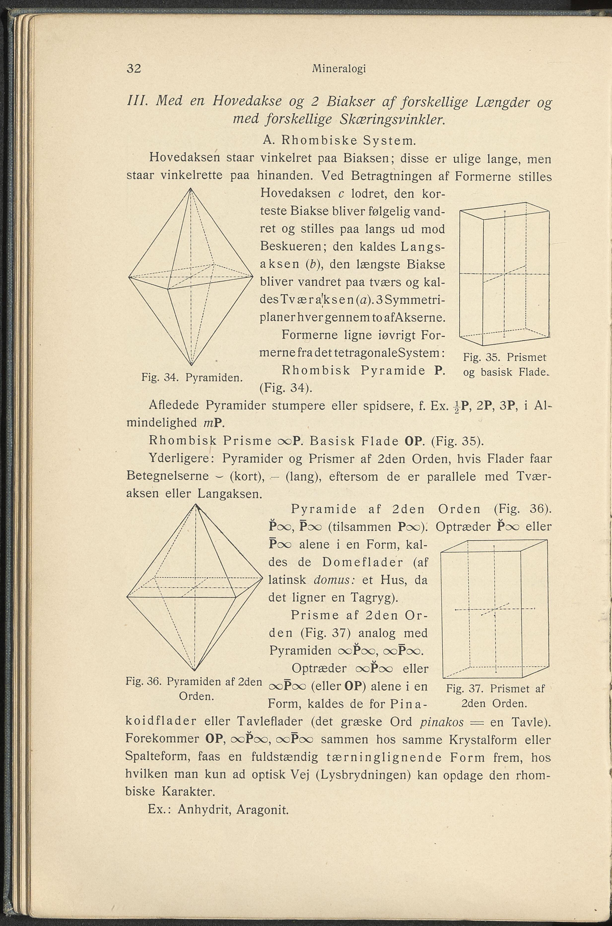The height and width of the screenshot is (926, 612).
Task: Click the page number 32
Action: tap(134, 69)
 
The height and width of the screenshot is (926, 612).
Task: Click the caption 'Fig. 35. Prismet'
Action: tap(505, 357)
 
